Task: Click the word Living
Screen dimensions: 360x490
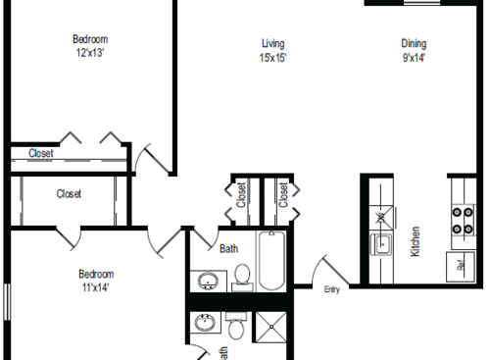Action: [272, 42]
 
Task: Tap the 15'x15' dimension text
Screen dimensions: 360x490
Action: [272, 57]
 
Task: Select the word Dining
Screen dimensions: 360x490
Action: [414, 42]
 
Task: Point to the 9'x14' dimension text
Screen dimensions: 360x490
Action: [414, 57]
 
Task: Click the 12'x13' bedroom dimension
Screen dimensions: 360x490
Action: [89, 53]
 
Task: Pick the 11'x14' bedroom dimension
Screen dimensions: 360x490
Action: [96, 287]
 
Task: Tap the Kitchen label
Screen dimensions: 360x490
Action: [416, 241]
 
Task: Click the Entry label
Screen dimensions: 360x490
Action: [332, 288]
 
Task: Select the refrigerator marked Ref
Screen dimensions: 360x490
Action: [460, 264]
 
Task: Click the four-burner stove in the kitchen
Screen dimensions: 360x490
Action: [460, 221]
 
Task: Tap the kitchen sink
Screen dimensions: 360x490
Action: [380, 244]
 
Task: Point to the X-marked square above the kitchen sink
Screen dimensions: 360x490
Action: [380, 217]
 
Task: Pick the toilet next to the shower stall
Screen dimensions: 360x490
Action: [235, 325]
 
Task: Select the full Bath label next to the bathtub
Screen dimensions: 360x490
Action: [227, 248]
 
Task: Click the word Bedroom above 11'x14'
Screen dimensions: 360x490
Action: [96, 274]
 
